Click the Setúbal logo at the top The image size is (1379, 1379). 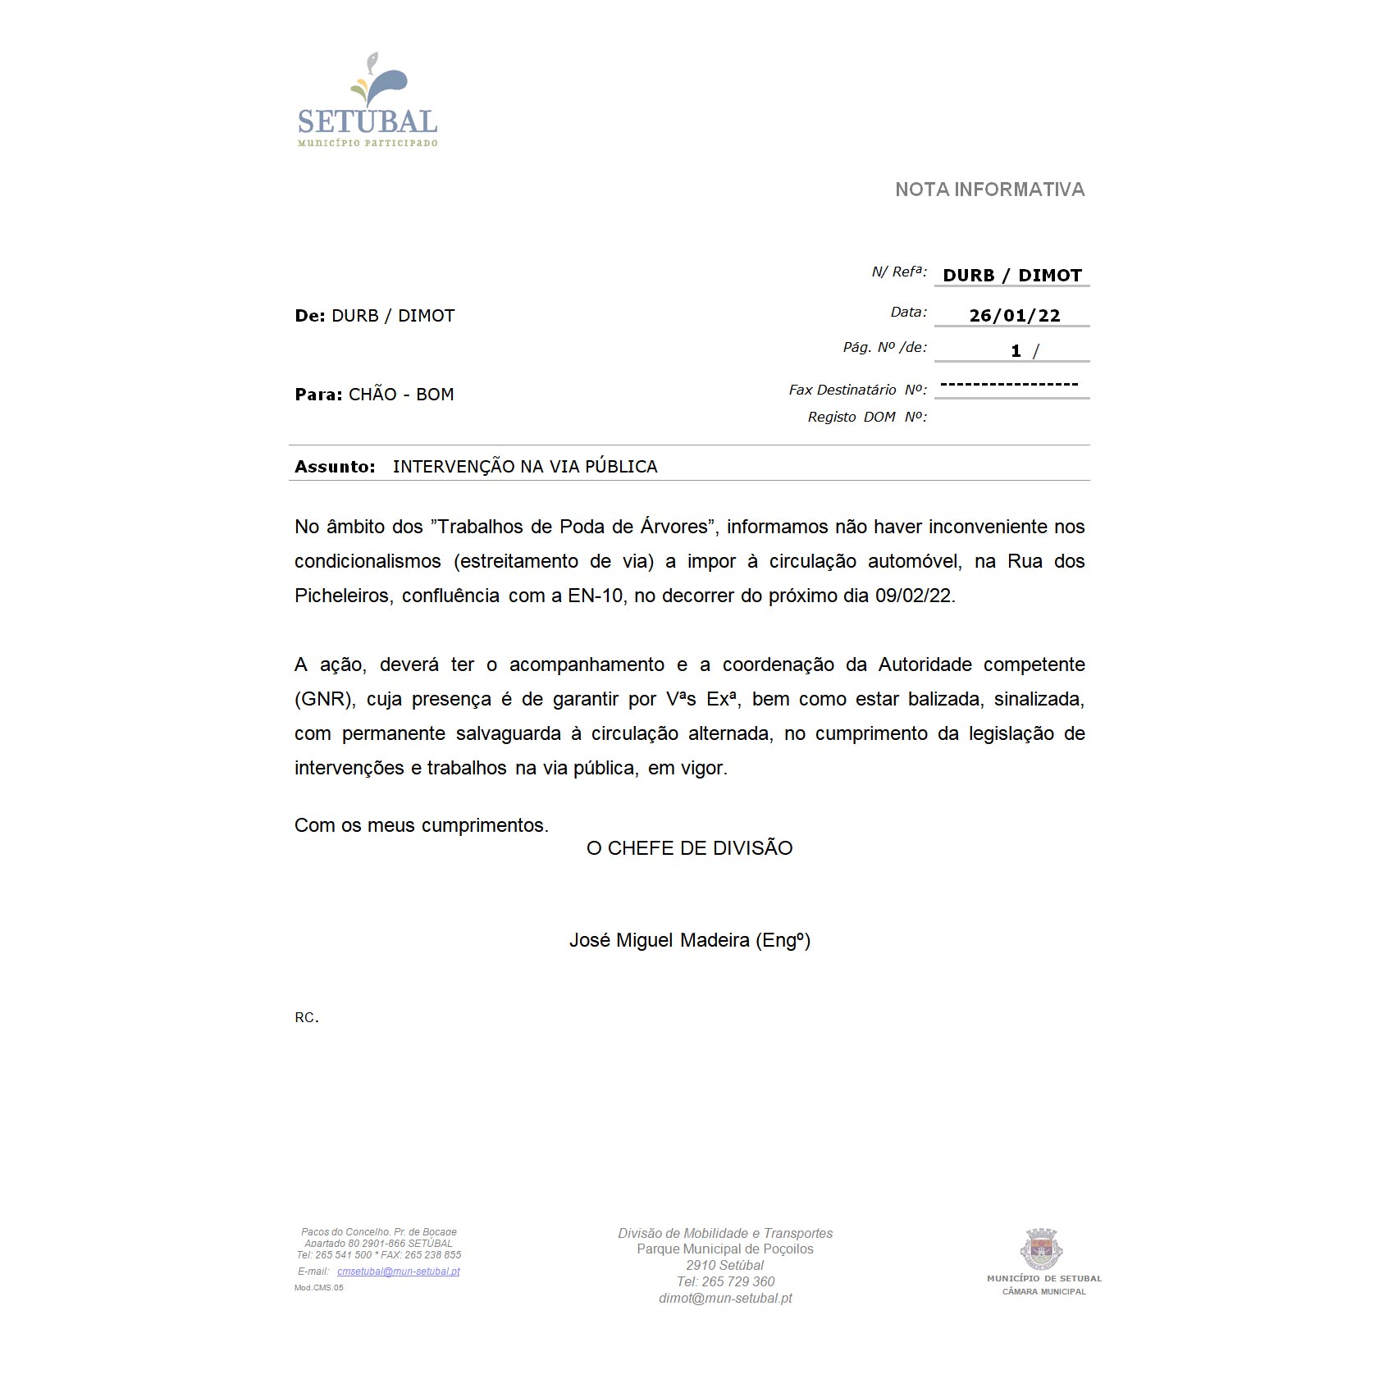[368, 100]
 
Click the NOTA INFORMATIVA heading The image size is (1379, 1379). [989, 189]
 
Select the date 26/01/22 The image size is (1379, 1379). [1014, 316]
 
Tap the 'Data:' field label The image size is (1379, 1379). [908, 313]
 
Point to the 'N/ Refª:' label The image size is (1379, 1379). [898, 272]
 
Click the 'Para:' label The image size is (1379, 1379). [318, 395]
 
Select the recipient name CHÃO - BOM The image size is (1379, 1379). [401, 395]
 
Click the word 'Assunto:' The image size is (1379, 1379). [335, 467]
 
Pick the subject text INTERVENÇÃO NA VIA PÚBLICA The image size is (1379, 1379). [525, 467]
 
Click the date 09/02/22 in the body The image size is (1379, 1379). [914, 596]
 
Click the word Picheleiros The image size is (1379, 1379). [342, 596]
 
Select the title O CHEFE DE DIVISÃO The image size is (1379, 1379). [689, 848]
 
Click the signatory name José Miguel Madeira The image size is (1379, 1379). [659, 940]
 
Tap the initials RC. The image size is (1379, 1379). [306, 1017]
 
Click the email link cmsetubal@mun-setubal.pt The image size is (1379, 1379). [398, 1272]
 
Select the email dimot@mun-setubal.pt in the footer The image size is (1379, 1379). [725, 1298]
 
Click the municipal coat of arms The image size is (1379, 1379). [1042, 1249]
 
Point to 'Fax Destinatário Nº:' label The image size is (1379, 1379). [857, 390]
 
